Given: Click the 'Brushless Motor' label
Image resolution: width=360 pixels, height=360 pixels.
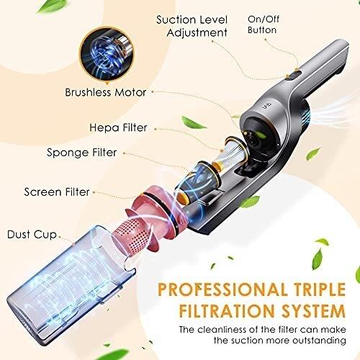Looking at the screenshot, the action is [x=106, y=92].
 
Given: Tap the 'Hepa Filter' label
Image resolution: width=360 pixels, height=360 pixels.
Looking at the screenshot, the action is [x=118, y=127].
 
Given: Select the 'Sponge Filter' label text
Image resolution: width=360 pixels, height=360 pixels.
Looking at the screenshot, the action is [x=82, y=153].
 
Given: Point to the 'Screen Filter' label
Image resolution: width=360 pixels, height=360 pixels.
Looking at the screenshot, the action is [x=57, y=192].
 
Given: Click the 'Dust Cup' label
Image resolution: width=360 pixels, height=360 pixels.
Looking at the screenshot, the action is [x=32, y=235].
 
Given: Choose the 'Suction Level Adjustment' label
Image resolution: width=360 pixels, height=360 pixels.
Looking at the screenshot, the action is [x=192, y=26].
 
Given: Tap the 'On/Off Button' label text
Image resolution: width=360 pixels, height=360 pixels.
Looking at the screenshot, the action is [x=263, y=24].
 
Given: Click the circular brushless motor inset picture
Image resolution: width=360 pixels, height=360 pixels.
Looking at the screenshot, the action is [x=107, y=55].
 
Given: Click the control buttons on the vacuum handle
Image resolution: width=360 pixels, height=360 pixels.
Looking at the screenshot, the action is [x=294, y=75].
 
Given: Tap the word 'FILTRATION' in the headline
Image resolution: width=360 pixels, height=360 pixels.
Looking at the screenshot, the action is [x=227, y=311].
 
